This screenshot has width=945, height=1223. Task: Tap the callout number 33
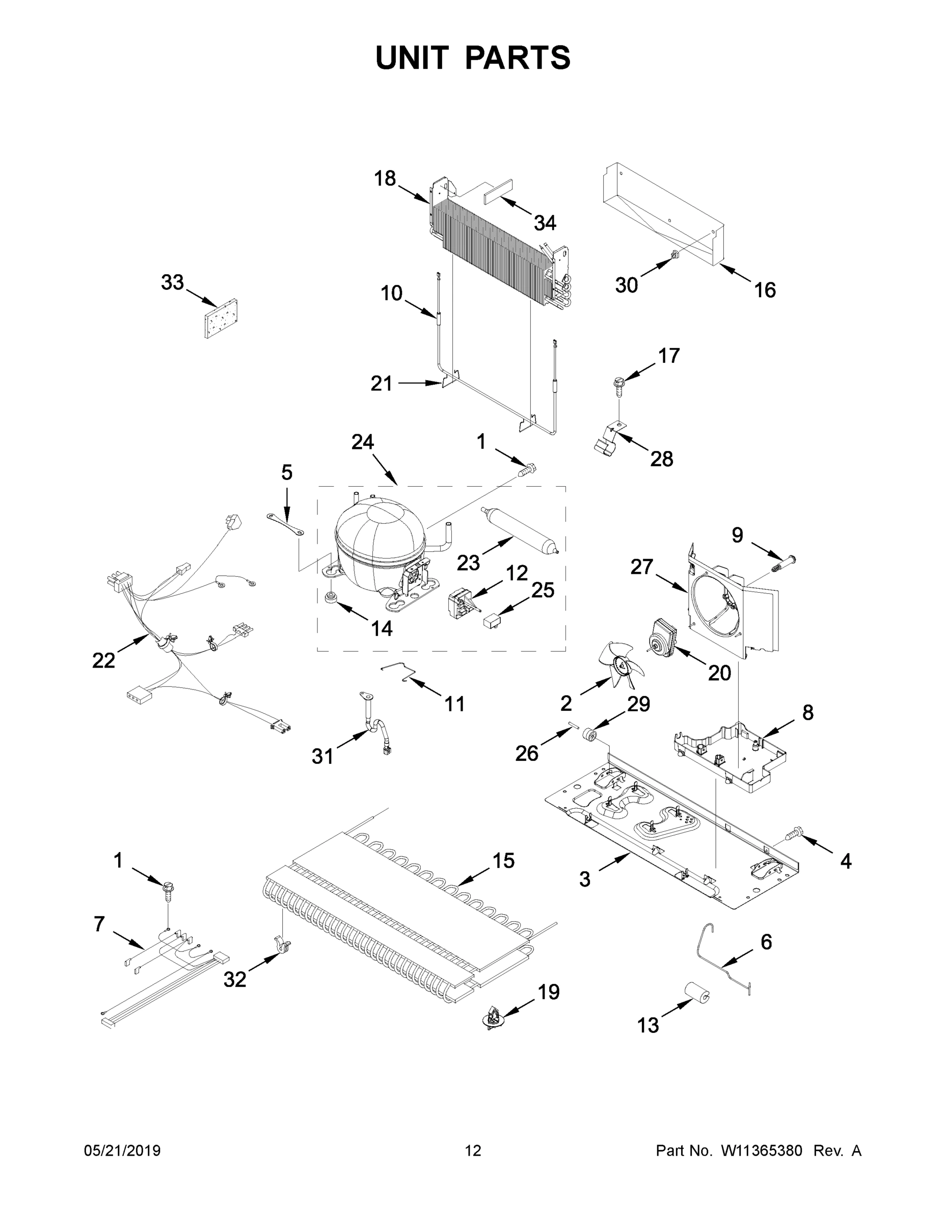coord(172,282)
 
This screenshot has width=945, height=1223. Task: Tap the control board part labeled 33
coord(220,318)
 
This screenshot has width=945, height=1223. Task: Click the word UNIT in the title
coord(413,58)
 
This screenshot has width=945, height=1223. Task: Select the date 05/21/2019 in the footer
coord(122,1151)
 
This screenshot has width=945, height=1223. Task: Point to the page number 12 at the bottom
coord(473,1151)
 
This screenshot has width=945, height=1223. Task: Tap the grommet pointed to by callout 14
coord(330,597)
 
